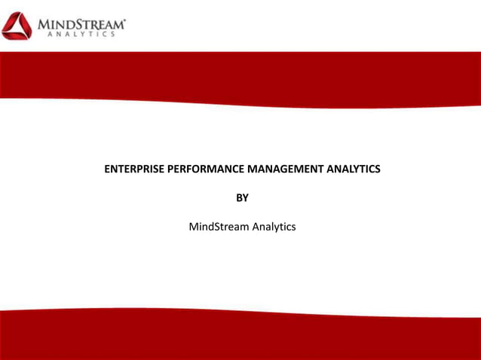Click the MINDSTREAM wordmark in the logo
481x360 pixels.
(x=81, y=23)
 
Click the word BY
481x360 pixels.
(x=242, y=198)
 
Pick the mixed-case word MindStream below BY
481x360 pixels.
(x=217, y=227)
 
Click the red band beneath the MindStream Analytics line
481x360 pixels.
(x=240, y=335)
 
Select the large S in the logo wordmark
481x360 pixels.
(x=79, y=23)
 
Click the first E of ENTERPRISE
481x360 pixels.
(x=106, y=169)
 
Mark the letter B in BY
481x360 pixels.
(x=239, y=198)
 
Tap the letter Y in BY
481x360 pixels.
(x=246, y=198)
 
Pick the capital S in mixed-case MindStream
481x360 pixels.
(x=215, y=227)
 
